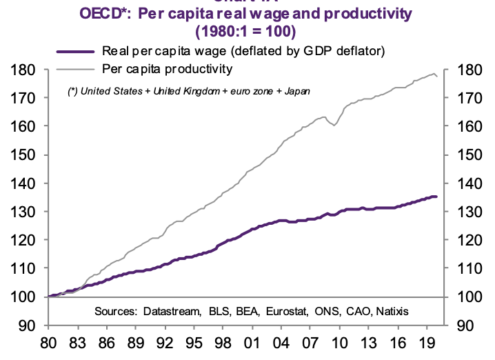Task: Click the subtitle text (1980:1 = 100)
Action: click(x=245, y=32)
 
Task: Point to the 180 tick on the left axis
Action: click(x=24, y=70)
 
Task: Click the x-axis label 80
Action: click(x=48, y=343)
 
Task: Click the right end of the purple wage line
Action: click(x=436, y=197)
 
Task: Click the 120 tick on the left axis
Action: click(x=24, y=240)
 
